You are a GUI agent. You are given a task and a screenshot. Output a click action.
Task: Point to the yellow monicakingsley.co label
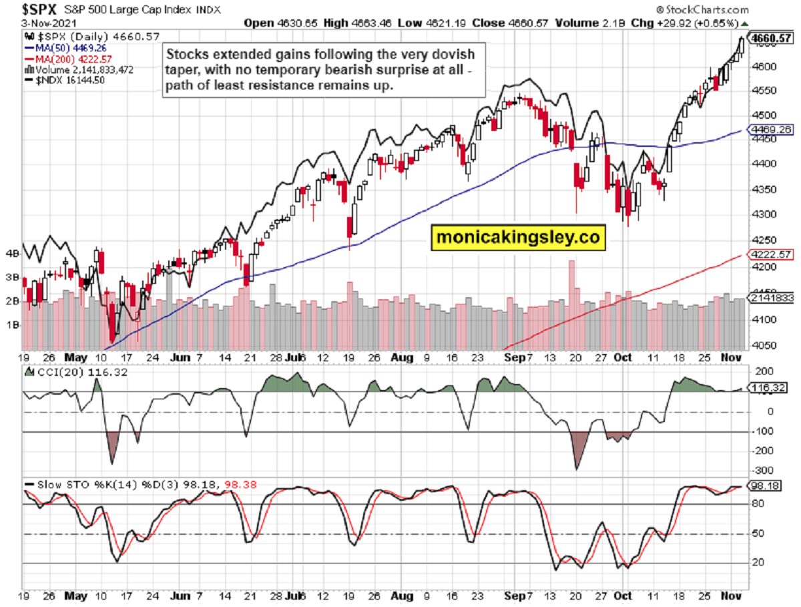(x=517, y=237)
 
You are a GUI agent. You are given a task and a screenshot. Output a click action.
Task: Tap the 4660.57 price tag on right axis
(x=770, y=38)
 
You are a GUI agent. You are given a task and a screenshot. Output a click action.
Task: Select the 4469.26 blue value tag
(x=771, y=130)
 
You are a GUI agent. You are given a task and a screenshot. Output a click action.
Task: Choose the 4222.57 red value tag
(x=771, y=254)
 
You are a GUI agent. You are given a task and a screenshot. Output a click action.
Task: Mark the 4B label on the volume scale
(x=12, y=254)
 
